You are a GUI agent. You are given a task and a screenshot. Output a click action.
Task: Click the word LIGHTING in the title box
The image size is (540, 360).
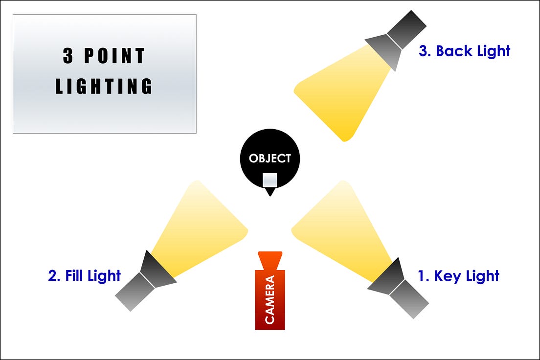point(104,86)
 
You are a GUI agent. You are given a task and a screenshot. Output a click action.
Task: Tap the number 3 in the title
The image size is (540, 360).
point(68,56)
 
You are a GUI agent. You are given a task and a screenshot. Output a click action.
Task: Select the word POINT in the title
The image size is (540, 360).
point(114,56)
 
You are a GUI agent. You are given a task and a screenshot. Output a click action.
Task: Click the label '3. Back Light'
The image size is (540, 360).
point(464,51)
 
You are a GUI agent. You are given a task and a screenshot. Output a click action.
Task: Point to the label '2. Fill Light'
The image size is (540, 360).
point(84,275)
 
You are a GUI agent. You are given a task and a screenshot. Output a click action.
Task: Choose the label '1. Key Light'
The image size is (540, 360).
point(458,276)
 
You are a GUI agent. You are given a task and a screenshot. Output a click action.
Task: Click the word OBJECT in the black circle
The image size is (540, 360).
point(270,158)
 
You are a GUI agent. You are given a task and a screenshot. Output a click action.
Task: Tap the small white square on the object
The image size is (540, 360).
point(270,180)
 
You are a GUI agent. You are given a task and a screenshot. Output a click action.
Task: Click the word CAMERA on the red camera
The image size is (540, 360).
point(270,299)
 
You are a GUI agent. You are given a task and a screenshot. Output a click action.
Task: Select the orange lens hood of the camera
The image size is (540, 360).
point(270,260)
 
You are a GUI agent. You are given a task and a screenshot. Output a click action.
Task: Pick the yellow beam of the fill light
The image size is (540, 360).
point(201,225)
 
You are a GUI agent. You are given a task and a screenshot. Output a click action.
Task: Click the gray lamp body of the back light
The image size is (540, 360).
point(407,28)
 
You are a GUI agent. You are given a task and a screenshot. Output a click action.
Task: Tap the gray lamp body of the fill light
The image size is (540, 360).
point(134,292)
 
